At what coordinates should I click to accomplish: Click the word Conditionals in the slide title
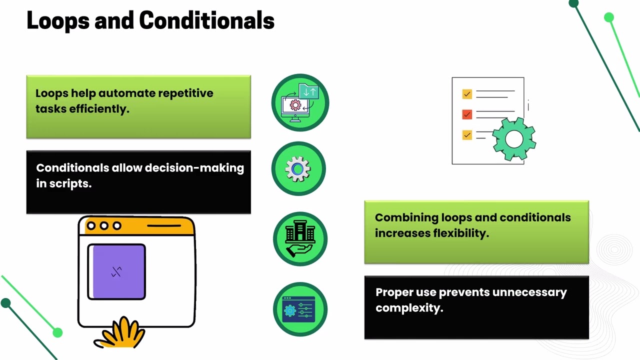point(207,20)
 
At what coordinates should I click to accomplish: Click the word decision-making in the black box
point(194,167)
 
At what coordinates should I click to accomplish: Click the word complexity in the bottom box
point(409,308)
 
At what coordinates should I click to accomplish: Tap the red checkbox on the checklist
point(467,114)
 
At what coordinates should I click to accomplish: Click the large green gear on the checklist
point(514,139)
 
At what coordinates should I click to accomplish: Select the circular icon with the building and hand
point(300,239)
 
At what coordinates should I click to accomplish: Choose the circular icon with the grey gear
point(298,168)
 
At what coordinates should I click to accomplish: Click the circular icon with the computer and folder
point(300,102)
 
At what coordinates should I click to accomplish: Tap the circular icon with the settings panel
point(300,309)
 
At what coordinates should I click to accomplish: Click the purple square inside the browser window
point(116,271)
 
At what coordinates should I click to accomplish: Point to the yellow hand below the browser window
point(120,333)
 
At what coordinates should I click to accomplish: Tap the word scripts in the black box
point(70,183)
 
